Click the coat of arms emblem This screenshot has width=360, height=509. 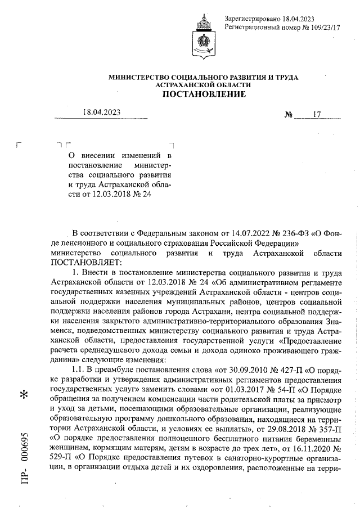pyautogui.click(x=205, y=36)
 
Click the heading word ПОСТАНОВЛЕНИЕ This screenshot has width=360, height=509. pyautogui.click(x=204, y=94)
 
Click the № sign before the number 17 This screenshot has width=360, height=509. pyautogui.click(x=290, y=115)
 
